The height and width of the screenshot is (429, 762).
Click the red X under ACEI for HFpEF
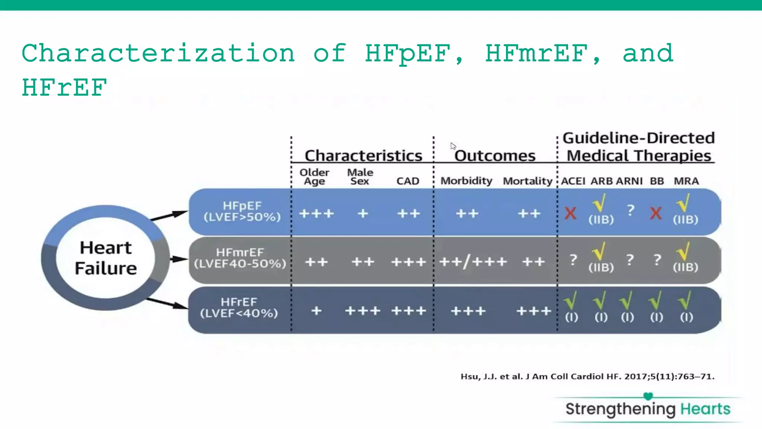point(570,213)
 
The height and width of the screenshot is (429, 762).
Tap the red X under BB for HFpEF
point(656,213)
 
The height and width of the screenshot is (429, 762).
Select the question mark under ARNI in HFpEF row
point(630,210)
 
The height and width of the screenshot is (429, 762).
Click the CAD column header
point(407,181)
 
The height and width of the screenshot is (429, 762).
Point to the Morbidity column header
point(466,181)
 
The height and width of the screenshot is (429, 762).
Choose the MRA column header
point(686,181)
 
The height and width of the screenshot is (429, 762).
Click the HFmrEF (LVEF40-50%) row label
point(240,258)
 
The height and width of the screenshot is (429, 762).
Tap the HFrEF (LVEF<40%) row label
point(239,308)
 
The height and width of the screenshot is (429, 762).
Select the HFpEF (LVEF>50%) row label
point(242,211)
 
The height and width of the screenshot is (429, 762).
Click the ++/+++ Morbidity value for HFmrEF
point(473,262)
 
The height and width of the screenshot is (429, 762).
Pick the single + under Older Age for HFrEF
point(316,311)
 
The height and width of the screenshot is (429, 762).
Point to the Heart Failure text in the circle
point(106,258)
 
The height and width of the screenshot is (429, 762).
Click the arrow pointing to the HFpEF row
point(169,216)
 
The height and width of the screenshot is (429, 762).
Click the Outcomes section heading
point(494,156)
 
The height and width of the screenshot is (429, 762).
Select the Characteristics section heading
point(363,156)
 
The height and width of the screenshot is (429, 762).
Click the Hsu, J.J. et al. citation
point(587,376)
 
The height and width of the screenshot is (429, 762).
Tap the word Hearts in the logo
point(705,409)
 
